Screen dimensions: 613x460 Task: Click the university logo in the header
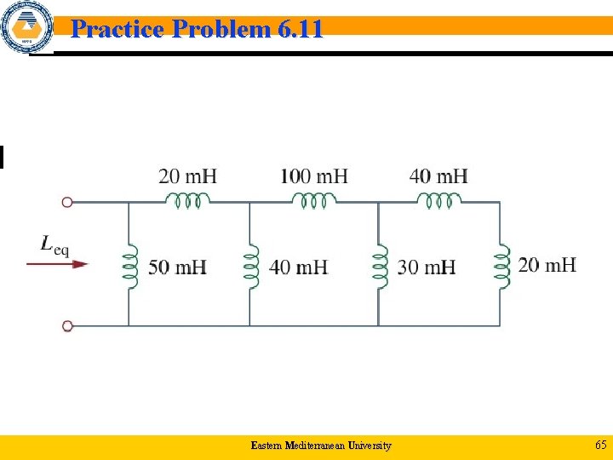point(26,28)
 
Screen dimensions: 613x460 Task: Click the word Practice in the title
point(117,30)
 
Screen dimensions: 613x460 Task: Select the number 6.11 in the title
point(300,30)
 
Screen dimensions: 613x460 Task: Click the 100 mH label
point(314,176)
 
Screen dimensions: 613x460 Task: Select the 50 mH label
point(177,267)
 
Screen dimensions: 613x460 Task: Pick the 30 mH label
point(426,267)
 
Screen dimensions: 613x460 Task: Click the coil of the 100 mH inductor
point(314,201)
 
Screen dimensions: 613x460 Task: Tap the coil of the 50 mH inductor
point(129,264)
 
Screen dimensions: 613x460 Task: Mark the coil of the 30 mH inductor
point(379,264)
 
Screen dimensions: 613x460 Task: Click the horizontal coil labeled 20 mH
point(186,201)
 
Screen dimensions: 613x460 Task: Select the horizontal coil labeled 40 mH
point(438,201)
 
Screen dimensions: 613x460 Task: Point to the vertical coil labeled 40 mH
point(250,264)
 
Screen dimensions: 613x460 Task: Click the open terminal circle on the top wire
point(68,203)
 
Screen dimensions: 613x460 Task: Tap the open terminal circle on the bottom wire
point(68,325)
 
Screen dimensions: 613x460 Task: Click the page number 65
point(600,446)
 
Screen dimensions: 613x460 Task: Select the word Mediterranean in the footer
point(313,446)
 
